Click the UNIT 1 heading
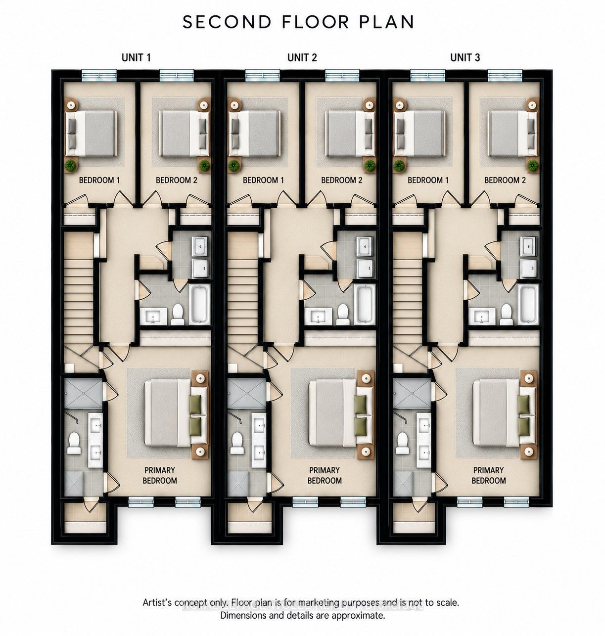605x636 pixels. [136, 57]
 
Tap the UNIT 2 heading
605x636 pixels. [302, 57]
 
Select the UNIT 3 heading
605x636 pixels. [465, 57]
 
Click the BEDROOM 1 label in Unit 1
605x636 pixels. [99, 180]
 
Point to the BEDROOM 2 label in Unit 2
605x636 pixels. [341, 180]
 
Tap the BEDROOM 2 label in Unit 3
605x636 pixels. [505, 180]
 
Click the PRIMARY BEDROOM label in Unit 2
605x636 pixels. [325, 475]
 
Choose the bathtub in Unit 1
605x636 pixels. [199, 304]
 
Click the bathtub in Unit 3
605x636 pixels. [528, 304]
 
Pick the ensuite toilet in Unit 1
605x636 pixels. [75, 444]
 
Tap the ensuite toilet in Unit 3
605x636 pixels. [403, 444]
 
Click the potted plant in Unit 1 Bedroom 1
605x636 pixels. [71, 166]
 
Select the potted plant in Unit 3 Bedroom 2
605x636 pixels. [532, 166]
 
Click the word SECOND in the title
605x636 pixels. [227, 22]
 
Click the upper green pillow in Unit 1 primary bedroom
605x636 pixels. [195, 405]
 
